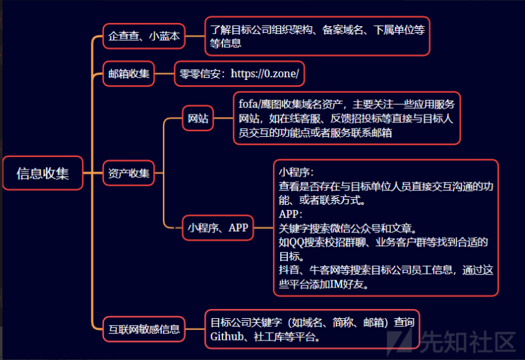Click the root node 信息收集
(x=43, y=173)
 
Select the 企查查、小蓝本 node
(x=144, y=36)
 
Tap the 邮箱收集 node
(x=128, y=74)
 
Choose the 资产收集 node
(x=128, y=173)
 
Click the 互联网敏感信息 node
(x=144, y=329)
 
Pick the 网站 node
(x=198, y=118)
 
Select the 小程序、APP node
(x=218, y=228)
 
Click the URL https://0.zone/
(x=264, y=74)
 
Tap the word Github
(x=226, y=336)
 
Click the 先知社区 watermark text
(x=467, y=342)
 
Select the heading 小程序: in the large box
(x=297, y=172)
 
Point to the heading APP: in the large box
(x=291, y=214)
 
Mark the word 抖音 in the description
(x=289, y=270)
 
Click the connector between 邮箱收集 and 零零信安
(x=164, y=74)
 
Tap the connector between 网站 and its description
(x=223, y=118)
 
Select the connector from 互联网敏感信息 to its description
(x=195, y=329)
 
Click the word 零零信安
(x=200, y=74)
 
